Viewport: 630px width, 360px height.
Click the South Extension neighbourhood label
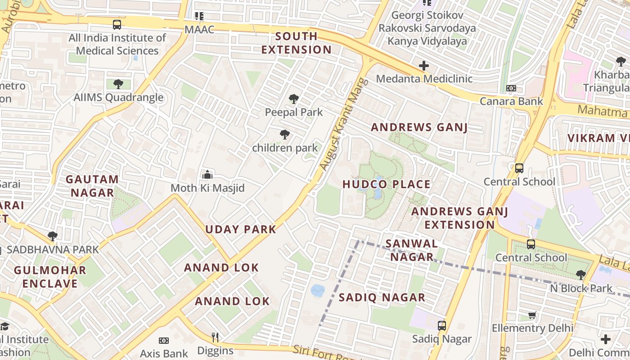click(296, 43)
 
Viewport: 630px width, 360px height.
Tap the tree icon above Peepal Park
click(294, 99)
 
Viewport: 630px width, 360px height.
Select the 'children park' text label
click(285, 148)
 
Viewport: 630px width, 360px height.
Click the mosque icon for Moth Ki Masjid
click(207, 174)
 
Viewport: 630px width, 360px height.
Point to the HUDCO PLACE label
click(387, 184)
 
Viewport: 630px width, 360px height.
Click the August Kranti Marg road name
click(344, 125)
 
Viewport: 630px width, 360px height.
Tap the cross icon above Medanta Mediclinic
click(424, 66)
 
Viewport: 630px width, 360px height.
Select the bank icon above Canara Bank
click(511, 88)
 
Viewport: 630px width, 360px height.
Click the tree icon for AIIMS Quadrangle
click(118, 84)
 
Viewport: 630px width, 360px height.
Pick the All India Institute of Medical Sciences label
click(117, 44)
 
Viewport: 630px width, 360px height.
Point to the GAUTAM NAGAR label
click(92, 186)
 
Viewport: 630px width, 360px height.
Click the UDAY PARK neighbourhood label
click(241, 229)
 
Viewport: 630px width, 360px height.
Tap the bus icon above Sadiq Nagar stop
click(442, 326)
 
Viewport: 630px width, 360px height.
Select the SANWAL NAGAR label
click(412, 250)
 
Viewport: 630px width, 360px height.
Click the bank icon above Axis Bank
click(164, 341)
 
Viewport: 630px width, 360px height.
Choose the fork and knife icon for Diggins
click(215, 337)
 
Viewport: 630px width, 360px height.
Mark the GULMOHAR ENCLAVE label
click(50, 277)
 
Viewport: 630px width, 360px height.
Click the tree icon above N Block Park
click(581, 274)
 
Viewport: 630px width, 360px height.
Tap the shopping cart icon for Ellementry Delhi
click(532, 315)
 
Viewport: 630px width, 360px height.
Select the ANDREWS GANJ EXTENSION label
click(459, 218)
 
